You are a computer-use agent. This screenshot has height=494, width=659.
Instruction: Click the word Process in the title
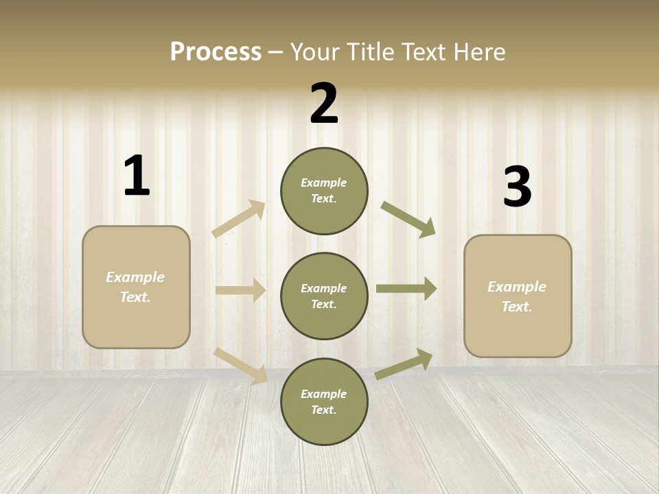pyautogui.click(x=216, y=52)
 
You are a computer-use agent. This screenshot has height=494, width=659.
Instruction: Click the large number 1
pyautogui.click(x=137, y=176)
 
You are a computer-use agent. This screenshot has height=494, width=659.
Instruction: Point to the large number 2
pyautogui.click(x=324, y=104)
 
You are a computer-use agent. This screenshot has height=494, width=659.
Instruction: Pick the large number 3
pyautogui.click(x=517, y=187)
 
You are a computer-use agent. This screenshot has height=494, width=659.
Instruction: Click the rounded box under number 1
pyautogui.click(x=136, y=287)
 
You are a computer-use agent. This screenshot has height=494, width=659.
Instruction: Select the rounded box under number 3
pyautogui.click(x=518, y=296)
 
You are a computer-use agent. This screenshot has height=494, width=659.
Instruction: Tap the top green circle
pyautogui.click(x=324, y=191)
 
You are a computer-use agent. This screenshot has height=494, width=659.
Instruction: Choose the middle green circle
pyautogui.click(x=324, y=296)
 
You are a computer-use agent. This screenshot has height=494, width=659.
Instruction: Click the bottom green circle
pyautogui.click(x=324, y=401)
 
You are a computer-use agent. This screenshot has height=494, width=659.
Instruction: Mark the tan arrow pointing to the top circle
pyautogui.click(x=238, y=219)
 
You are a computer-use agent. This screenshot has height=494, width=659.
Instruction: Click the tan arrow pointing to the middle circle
pyautogui.click(x=240, y=290)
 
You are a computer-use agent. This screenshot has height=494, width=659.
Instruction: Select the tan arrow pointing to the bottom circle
pyautogui.click(x=241, y=366)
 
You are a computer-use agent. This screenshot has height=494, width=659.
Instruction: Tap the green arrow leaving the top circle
pyautogui.click(x=408, y=219)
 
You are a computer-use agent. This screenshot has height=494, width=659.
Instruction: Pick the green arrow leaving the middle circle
pyautogui.click(x=406, y=289)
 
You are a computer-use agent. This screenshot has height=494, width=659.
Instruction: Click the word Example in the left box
pyautogui.click(x=135, y=277)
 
